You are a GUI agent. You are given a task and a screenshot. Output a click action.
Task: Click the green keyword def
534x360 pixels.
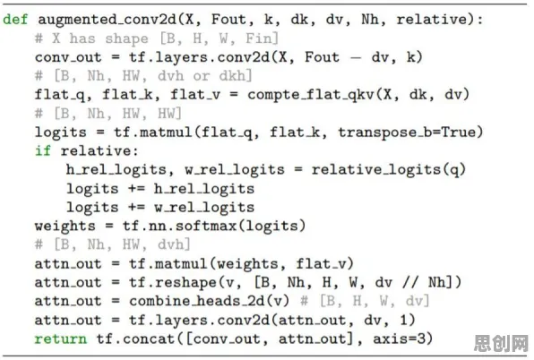(15, 19)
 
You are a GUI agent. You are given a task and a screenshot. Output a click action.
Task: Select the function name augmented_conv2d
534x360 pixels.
(108, 20)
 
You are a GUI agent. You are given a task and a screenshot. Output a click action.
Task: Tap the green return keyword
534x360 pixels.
(61, 339)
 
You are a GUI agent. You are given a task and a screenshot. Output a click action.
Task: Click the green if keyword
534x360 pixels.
(43, 150)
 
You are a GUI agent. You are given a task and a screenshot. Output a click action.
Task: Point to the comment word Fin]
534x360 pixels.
(263, 39)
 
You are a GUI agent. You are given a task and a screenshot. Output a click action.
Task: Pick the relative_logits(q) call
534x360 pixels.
(389, 170)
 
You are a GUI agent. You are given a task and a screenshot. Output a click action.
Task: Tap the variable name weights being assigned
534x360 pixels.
(65, 227)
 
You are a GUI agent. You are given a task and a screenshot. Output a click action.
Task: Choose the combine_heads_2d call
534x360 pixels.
(209, 301)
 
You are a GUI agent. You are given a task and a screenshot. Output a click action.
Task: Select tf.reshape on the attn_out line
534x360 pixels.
(173, 282)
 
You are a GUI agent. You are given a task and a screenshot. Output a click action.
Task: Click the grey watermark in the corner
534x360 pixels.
(501, 343)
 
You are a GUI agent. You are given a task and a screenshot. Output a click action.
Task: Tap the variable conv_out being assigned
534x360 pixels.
(68, 57)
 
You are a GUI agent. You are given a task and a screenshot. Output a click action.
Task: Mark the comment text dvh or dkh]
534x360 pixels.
(204, 76)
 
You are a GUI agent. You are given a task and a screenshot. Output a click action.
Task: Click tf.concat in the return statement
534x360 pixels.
(135, 339)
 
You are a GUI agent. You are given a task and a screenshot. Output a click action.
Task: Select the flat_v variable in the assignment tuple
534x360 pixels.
(195, 95)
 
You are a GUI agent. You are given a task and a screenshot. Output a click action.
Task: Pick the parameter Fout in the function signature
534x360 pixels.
(228, 20)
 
